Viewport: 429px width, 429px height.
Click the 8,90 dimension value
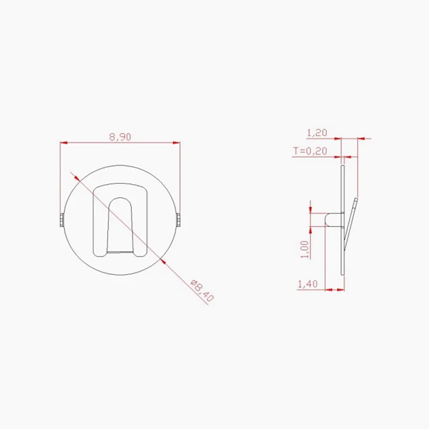(120, 137)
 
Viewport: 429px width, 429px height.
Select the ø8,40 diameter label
(202, 290)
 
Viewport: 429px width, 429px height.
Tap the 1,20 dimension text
(316, 132)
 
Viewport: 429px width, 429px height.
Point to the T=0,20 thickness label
(310, 151)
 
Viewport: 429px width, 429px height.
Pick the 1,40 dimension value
(307, 284)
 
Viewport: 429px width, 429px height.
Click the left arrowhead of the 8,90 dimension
(63, 143)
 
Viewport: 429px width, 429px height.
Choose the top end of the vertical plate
(343, 168)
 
